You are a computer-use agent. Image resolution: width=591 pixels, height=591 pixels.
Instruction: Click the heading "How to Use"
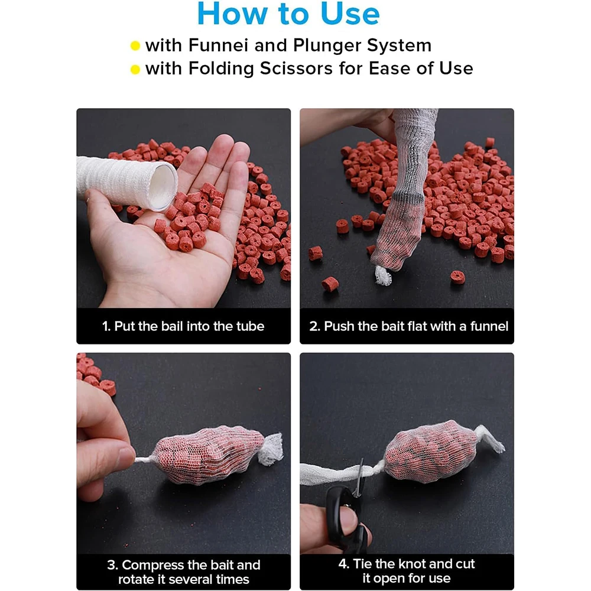pos(288,14)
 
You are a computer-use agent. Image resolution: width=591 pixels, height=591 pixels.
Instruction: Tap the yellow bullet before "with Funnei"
pos(135,46)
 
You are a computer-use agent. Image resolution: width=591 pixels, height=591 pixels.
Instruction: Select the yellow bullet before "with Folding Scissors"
pos(135,69)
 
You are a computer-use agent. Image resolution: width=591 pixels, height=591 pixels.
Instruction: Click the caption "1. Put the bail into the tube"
pos(183,326)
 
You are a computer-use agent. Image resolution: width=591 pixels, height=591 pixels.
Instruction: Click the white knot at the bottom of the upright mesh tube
pos(383,275)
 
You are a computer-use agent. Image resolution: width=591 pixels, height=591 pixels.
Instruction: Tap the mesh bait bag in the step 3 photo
pos(210,454)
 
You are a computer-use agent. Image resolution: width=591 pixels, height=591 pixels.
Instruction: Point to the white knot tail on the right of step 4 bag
pos(490,439)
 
